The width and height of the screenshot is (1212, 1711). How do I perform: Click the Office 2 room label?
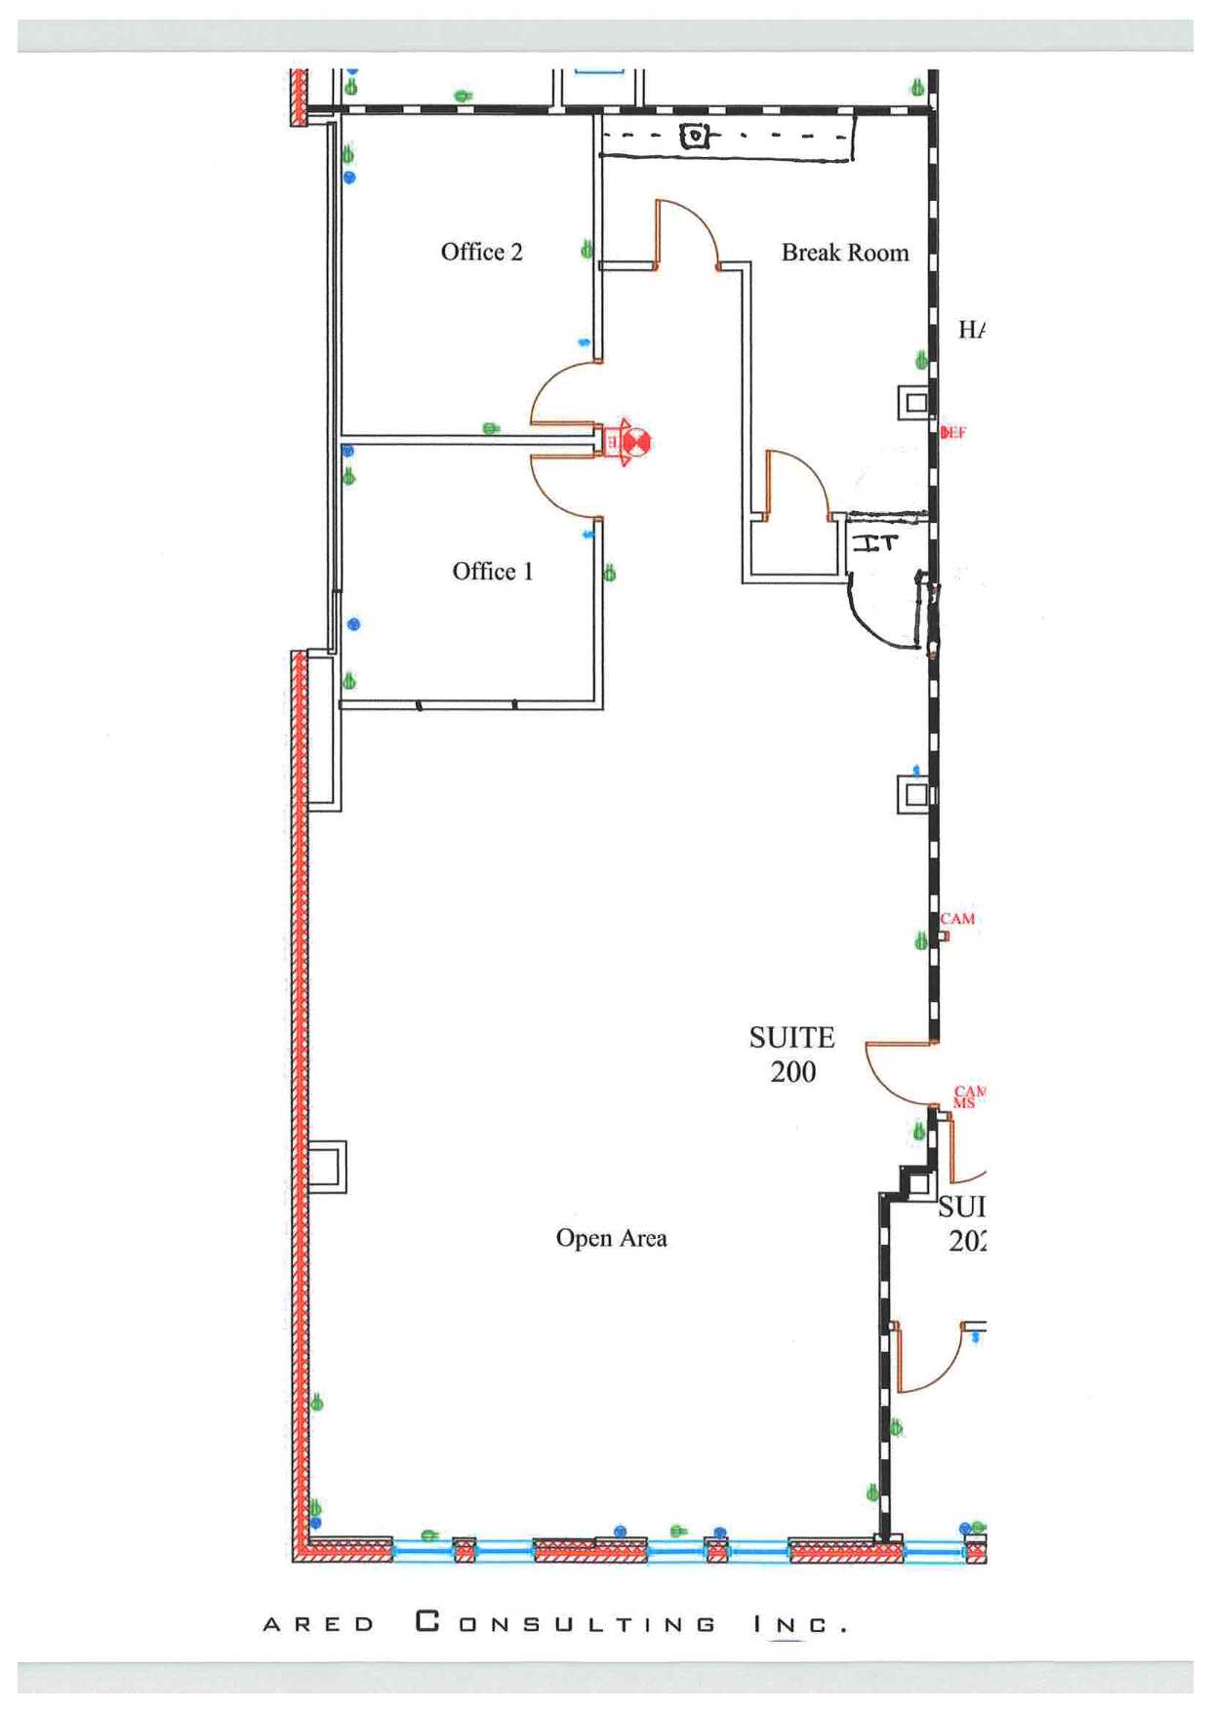coord(481,252)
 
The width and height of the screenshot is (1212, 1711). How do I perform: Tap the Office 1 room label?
coord(492,571)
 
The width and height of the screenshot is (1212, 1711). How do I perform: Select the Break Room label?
coord(844,253)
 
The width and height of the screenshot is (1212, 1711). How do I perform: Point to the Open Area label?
coord(611,1238)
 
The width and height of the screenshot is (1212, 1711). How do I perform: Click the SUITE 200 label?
coord(792,1054)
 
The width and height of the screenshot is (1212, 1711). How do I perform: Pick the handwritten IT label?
coord(874,542)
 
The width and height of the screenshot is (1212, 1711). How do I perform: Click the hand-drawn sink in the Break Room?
coord(694,136)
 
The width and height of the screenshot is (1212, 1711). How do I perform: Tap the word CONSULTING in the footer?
coord(565,1623)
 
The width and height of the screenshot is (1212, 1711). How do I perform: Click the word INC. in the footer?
coord(799,1624)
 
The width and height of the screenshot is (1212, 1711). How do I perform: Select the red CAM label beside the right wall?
coord(957,918)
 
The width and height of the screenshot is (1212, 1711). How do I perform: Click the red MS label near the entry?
coord(963,1103)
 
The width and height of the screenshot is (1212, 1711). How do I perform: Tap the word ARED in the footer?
coord(319,1624)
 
